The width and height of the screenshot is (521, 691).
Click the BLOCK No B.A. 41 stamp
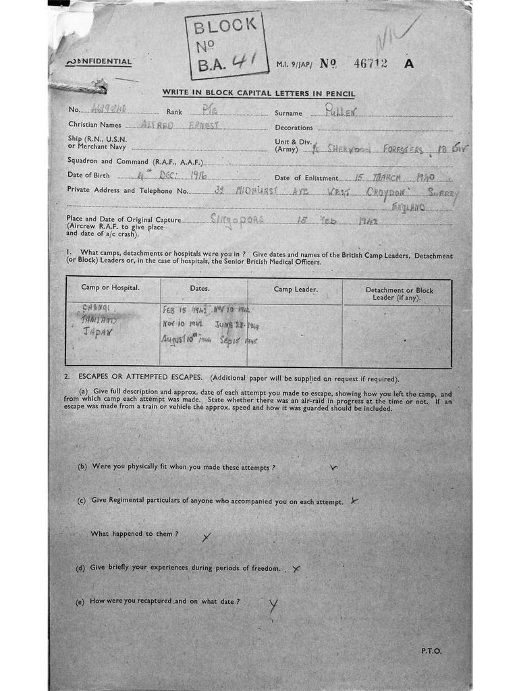pos(225,45)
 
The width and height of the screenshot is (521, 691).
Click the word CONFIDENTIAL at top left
pos(99,62)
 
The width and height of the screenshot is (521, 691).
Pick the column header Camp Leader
pos(296,289)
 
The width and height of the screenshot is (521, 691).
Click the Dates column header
pos(200,288)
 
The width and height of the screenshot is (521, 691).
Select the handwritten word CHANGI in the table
pos(97,308)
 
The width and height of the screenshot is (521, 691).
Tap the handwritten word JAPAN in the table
pos(98,333)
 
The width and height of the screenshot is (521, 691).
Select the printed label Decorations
pos(294,128)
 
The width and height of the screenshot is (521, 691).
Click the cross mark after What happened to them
pos(207,537)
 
